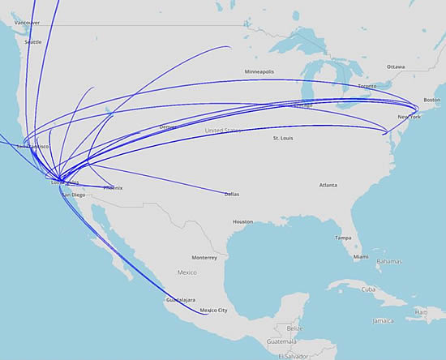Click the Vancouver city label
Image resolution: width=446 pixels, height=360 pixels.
[x=24, y=23]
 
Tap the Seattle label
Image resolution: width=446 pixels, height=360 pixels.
[x=33, y=41]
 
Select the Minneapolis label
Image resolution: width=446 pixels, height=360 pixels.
[x=259, y=72]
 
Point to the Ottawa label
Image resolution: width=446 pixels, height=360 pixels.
[x=396, y=66]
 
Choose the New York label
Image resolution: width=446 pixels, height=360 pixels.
[x=409, y=117]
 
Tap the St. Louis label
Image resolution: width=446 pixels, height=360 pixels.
[x=282, y=139]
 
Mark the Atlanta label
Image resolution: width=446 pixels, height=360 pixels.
[x=328, y=185]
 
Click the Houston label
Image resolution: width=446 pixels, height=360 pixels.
[x=243, y=221]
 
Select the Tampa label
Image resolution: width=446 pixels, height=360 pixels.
[x=344, y=238]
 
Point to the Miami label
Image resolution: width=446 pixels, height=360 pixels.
[x=361, y=257]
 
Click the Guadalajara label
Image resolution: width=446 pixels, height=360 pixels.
[x=182, y=300]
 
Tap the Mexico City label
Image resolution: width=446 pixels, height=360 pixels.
[x=213, y=311]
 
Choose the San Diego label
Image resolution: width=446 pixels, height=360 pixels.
[x=72, y=195]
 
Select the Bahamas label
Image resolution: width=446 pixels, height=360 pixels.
[x=390, y=261]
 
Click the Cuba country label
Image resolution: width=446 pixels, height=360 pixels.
[x=370, y=289]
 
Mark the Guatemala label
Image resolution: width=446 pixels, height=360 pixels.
[x=291, y=342]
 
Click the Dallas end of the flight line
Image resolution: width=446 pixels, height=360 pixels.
[x=225, y=194]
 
